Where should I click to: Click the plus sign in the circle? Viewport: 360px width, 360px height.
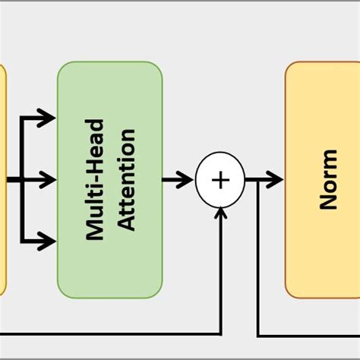[x=219, y=180]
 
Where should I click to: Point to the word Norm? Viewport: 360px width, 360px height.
[x=328, y=180]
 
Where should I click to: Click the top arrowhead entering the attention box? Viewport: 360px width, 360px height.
[x=49, y=117]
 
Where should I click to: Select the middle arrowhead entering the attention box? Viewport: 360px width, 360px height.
[x=49, y=180]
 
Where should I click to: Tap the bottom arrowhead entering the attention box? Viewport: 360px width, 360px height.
[x=49, y=242]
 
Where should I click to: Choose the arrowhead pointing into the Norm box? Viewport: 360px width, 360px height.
[x=276, y=180]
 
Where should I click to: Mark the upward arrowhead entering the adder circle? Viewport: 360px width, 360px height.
[x=219, y=213]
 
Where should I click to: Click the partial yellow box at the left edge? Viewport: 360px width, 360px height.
[x=2, y=180]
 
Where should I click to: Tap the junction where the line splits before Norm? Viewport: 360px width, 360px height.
[x=258, y=180]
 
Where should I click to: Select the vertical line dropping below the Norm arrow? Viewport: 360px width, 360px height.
[x=258, y=258]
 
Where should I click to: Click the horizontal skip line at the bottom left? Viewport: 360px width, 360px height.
[x=106, y=334]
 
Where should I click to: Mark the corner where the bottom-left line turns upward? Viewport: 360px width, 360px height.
[x=219, y=334]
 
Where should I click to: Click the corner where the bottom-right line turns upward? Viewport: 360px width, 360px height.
[x=258, y=334]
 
